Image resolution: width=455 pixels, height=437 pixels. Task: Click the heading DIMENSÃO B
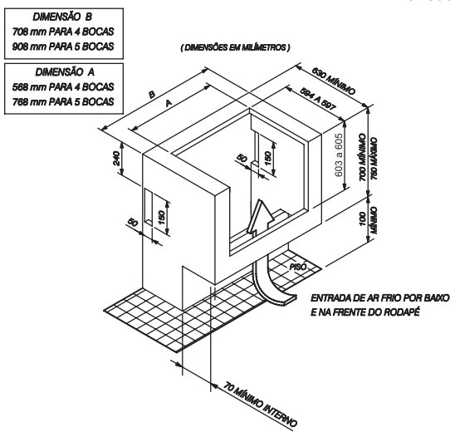[x=62, y=17]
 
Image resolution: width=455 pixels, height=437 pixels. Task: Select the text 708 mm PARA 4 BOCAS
[x=63, y=32]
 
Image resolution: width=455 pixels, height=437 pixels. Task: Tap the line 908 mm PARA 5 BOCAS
[x=63, y=47]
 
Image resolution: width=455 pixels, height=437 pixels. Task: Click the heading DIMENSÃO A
[x=65, y=71]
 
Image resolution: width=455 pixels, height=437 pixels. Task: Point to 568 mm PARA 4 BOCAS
[x=63, y=86]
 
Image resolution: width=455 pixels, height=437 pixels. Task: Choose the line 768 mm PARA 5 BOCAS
[x=63, y=101]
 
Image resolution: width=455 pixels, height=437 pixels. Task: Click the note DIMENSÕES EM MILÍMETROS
[x=235, y=47]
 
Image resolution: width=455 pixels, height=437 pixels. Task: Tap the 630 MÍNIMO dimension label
[x=334, y=81]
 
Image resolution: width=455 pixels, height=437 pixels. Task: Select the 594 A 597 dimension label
[x=317, y=98]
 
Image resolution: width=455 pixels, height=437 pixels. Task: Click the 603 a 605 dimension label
[x=339, y=155]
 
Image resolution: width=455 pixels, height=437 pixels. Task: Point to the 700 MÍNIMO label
[x=363, y=157]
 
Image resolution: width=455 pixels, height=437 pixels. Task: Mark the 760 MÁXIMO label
[x=374, y=159]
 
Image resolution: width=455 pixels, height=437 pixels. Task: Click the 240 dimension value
[x=116, y=158]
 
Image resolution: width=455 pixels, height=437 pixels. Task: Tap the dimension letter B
[x=152, y=95]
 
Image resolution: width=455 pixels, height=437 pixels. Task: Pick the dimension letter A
[x=169, y=103]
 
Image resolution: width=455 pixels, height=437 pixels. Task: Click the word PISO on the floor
[x=299, y=266]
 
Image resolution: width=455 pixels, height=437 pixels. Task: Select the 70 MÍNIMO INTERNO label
[x=261, y=405]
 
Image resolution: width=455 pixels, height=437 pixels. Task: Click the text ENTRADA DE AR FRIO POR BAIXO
[x=380, y=298]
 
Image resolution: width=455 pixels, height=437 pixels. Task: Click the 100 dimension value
[x=363, y=218]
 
